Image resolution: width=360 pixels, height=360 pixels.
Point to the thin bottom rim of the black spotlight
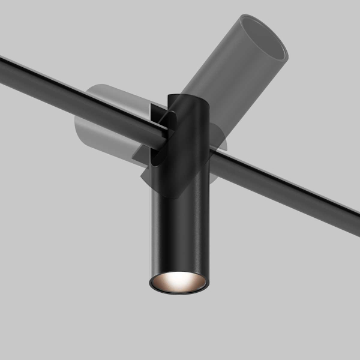(x=178, y=292)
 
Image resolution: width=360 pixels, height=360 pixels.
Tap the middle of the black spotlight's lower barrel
(x=178, y=234)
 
